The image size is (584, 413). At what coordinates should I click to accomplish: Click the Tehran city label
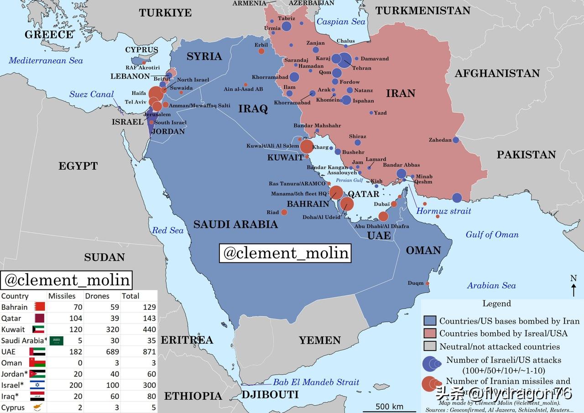click(361, 68)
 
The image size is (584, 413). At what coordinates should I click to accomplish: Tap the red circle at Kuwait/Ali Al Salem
click(307, 146)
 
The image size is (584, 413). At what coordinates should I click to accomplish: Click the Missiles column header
click(62, 296)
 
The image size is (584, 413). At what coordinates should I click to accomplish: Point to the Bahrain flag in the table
click(40, 307)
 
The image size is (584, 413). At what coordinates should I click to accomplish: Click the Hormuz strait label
click(443, 211)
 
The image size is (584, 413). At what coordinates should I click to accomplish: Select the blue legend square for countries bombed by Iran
click(430, 321)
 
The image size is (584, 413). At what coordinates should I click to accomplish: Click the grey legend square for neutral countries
click(430, 346)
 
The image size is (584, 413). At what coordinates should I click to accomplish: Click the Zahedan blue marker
click(455, 140)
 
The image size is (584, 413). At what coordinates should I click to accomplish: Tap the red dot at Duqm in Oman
click(428, 283)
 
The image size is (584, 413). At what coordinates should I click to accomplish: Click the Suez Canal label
click(91, 94)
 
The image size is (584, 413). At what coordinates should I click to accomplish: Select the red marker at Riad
click(284, 212)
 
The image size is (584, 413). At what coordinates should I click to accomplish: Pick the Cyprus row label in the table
click(13, 408)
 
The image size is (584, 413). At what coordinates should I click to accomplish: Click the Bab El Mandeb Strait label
click(316, 382)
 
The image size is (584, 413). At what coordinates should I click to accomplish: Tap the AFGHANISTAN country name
click(497, 73)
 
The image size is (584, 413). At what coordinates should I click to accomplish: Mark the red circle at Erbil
click(261, 51)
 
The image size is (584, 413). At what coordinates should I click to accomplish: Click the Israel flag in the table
click(37, 385)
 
